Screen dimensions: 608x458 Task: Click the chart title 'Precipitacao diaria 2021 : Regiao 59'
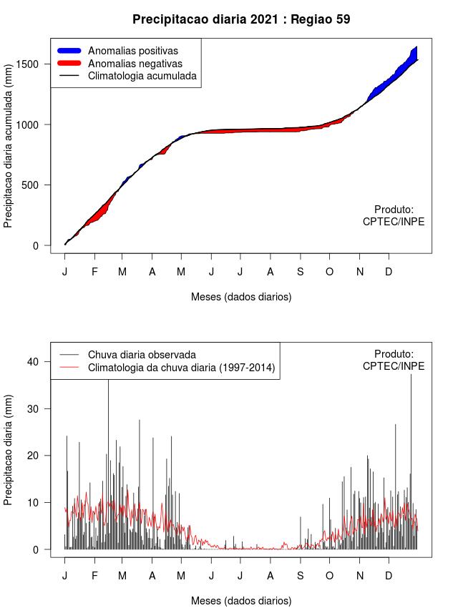(x=241, y=19)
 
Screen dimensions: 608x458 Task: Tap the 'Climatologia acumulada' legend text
(x=142, y=75)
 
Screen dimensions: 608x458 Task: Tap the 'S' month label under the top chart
(x=300, y=272)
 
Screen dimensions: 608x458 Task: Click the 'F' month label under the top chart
(x=94, y=272)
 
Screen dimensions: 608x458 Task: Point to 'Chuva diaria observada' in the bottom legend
(x=142, y=354)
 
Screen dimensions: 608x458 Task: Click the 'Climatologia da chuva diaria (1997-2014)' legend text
(x=181, y=368)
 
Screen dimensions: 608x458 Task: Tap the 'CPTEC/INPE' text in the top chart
(x=394, y=222)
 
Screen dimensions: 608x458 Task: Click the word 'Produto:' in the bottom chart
(x=394, y=353)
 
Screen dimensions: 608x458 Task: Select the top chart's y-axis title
(x=9, y=151)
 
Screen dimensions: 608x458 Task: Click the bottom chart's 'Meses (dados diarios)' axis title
(x=241, y=600)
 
